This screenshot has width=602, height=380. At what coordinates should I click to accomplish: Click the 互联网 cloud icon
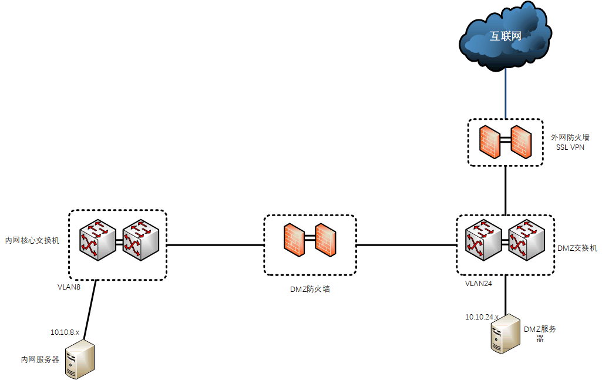click(506, 36)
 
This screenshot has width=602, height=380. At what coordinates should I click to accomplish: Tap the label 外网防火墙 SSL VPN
click(570, 142)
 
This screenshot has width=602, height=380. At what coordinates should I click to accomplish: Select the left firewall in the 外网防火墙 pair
click(489, 142)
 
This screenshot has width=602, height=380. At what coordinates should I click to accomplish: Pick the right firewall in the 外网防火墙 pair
click(521, 142)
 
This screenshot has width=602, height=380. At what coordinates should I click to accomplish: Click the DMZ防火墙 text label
click(310, 289)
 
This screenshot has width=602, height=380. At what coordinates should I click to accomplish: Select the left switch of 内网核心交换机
click(98, 240)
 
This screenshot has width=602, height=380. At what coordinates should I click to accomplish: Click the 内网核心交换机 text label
click(32, 240)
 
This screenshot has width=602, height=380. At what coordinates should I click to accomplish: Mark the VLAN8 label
click(68, 287)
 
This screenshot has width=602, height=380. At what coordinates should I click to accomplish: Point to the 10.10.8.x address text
click(65, 332)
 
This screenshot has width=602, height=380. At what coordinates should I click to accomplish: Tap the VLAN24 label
click(478, 283)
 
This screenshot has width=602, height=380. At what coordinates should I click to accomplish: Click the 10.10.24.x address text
click(482, 317)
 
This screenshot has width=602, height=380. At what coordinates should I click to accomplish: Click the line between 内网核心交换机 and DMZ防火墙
click(215, 244)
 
